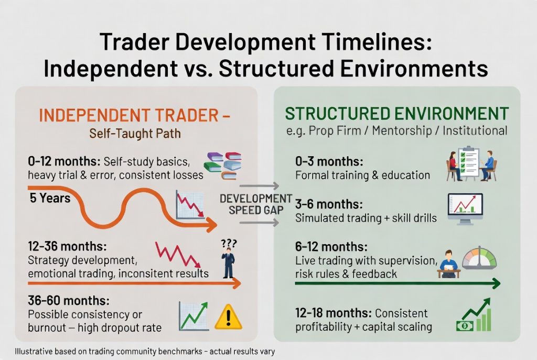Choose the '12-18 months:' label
(x=333, y=313)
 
